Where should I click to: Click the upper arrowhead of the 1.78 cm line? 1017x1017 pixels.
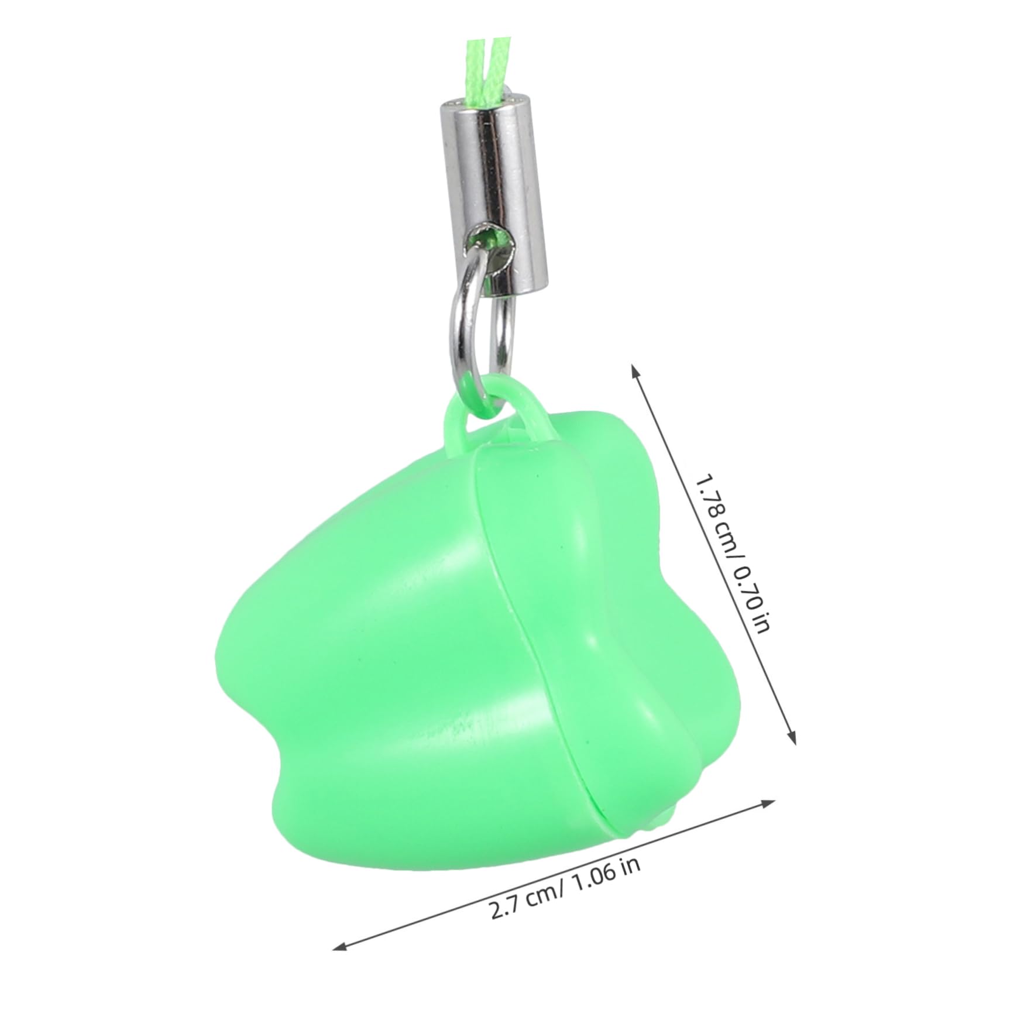click(634, 369)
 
